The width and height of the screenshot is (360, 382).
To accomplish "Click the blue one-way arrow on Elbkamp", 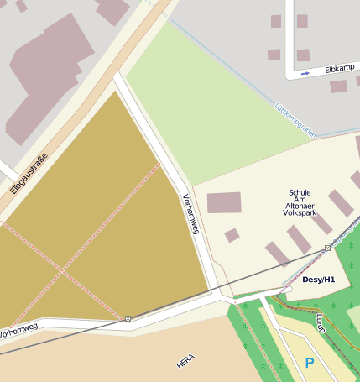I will coord(305,73).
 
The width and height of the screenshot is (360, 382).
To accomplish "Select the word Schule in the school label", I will coord(300,193).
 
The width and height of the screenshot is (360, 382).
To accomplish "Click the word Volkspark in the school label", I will coord(300,213).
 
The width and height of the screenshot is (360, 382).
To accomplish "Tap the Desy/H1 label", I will coord(318,279).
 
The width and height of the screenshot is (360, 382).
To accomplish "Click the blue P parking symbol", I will coord(310,363).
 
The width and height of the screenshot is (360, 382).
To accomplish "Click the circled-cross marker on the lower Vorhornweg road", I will coord(128,318).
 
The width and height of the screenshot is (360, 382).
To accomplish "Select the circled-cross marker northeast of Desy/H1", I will coord(327,249).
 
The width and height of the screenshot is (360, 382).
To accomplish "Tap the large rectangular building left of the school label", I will coord(224,202).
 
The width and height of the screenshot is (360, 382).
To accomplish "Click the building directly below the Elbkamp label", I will coord(338,86).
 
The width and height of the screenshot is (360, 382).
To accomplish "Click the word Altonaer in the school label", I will coord(300,203).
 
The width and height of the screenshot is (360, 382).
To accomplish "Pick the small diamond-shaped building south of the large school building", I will coord(232,235).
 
